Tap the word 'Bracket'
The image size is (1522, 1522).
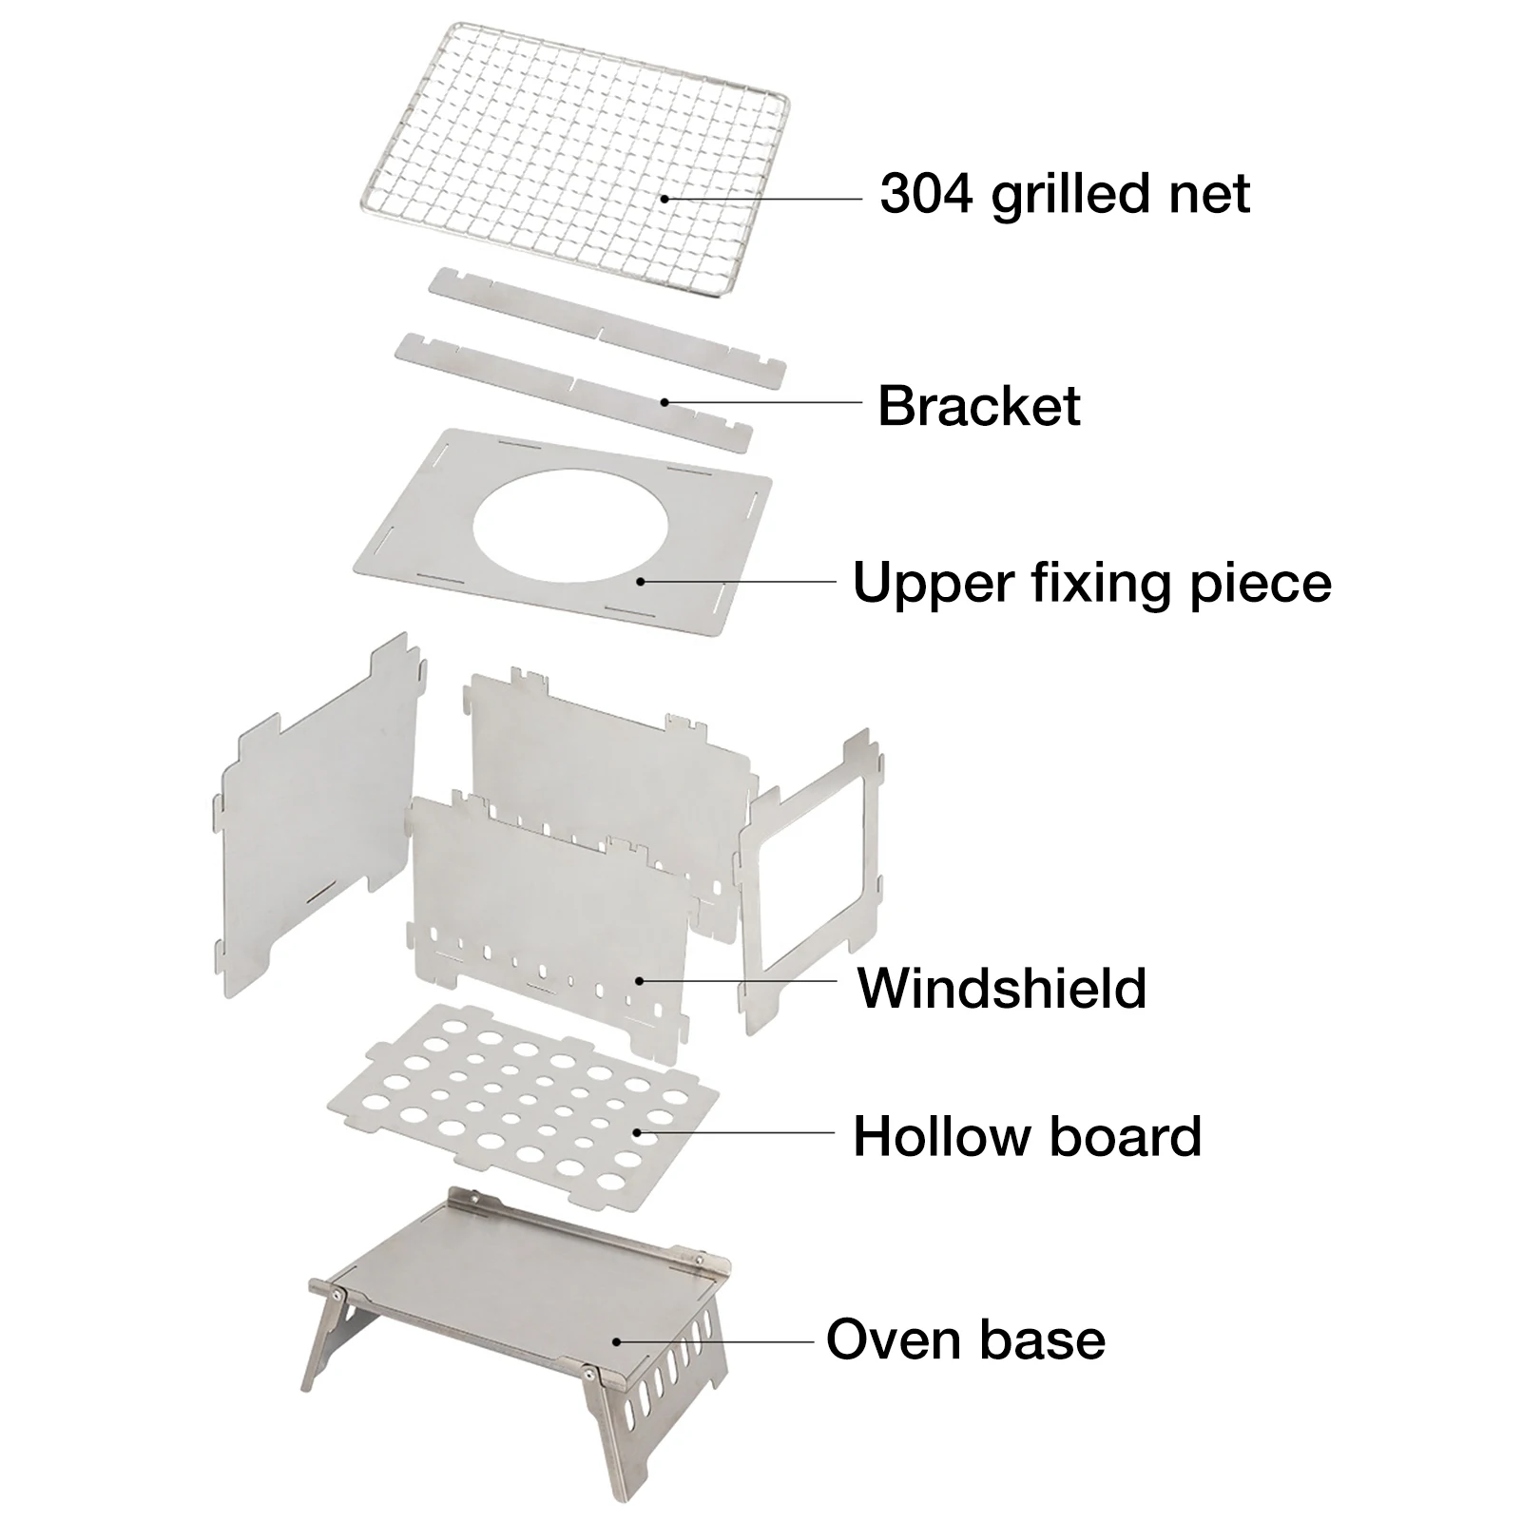point(978,406)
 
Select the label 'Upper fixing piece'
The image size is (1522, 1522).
point(1091,583)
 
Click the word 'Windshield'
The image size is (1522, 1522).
point(1002,988)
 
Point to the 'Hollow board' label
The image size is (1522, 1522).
point(1027,1136)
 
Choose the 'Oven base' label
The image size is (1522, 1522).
point(965,1339)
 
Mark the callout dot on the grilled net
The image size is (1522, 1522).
point(665,199)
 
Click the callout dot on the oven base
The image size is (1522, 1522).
point(616,1341)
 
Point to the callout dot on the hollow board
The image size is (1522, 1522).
point(636,1132)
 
